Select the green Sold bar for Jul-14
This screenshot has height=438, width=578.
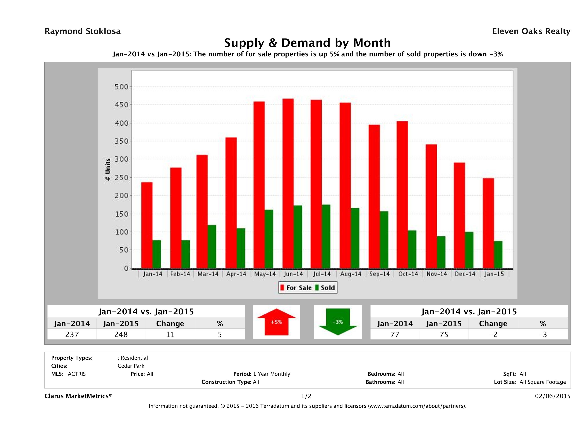[x=326, y=237]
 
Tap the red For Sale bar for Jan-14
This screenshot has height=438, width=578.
[x=147, y=225]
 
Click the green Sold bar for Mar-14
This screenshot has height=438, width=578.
[x=212, y=247]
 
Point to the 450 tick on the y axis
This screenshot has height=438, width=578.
[x=122, y=105]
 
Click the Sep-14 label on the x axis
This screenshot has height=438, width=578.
[x=379, y=274]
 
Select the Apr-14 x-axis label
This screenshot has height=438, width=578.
[x=236, y=274]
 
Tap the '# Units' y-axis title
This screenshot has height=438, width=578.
[x=108, y=170]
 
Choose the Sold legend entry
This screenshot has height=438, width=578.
[x=325, y=288]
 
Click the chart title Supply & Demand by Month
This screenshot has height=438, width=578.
[x=307, y=43]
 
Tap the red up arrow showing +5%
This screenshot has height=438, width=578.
[x=276, y=322]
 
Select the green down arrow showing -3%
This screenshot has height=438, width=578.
[x=338, y=322]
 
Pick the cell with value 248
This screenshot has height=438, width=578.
[x=121, y=334]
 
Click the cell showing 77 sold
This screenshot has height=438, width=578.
[x=395, y=334]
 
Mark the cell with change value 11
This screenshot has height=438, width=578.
[x=170, y=334]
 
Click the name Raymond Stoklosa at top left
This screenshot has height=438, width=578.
[x=83, y=31]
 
